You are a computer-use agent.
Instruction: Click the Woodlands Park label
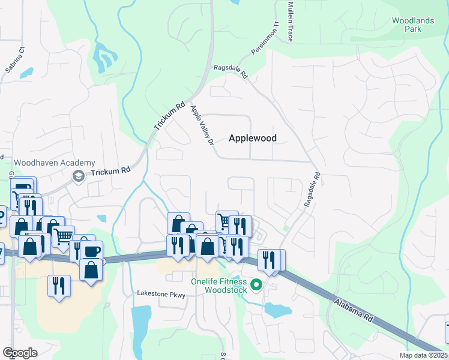413,25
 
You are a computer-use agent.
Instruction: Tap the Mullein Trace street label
291,21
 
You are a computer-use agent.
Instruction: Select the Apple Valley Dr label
202,125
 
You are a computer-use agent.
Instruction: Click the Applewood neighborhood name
253,138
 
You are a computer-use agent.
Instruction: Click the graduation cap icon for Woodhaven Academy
78,176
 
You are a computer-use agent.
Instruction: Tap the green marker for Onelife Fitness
257,285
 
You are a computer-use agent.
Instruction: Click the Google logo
20,353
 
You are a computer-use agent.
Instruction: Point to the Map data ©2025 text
423,355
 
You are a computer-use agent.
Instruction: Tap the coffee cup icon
92,251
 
